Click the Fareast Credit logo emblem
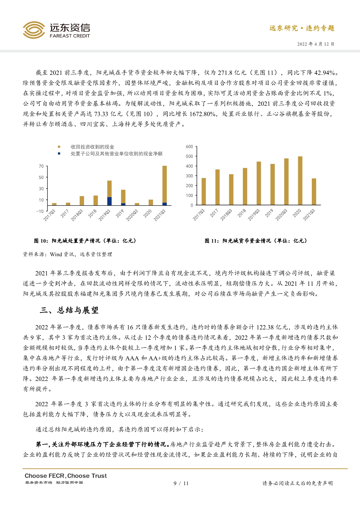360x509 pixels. tap(34, 30)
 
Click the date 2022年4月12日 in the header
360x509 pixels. tap(316, 44)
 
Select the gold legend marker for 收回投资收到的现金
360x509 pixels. tap(59, 147)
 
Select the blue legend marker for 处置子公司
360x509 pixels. tap(59, 154)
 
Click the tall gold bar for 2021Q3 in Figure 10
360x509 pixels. tap(164, 184)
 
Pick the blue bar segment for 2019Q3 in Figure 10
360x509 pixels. tap(109, 201)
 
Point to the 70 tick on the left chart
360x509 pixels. tap(41, 166)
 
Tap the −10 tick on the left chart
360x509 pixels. tap(40, 211)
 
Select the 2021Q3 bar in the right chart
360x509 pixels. tap(314, 192)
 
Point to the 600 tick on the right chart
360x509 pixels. tap(189, 147)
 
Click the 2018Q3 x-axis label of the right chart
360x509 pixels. tap(226, 215)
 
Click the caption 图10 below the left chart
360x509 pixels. tap(85, 241)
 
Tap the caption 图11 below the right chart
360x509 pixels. tap(255, 241)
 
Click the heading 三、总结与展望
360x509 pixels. tap(69, 310)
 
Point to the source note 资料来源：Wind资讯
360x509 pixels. tap(67, 254)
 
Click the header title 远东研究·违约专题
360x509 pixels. tap(302, 28)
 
